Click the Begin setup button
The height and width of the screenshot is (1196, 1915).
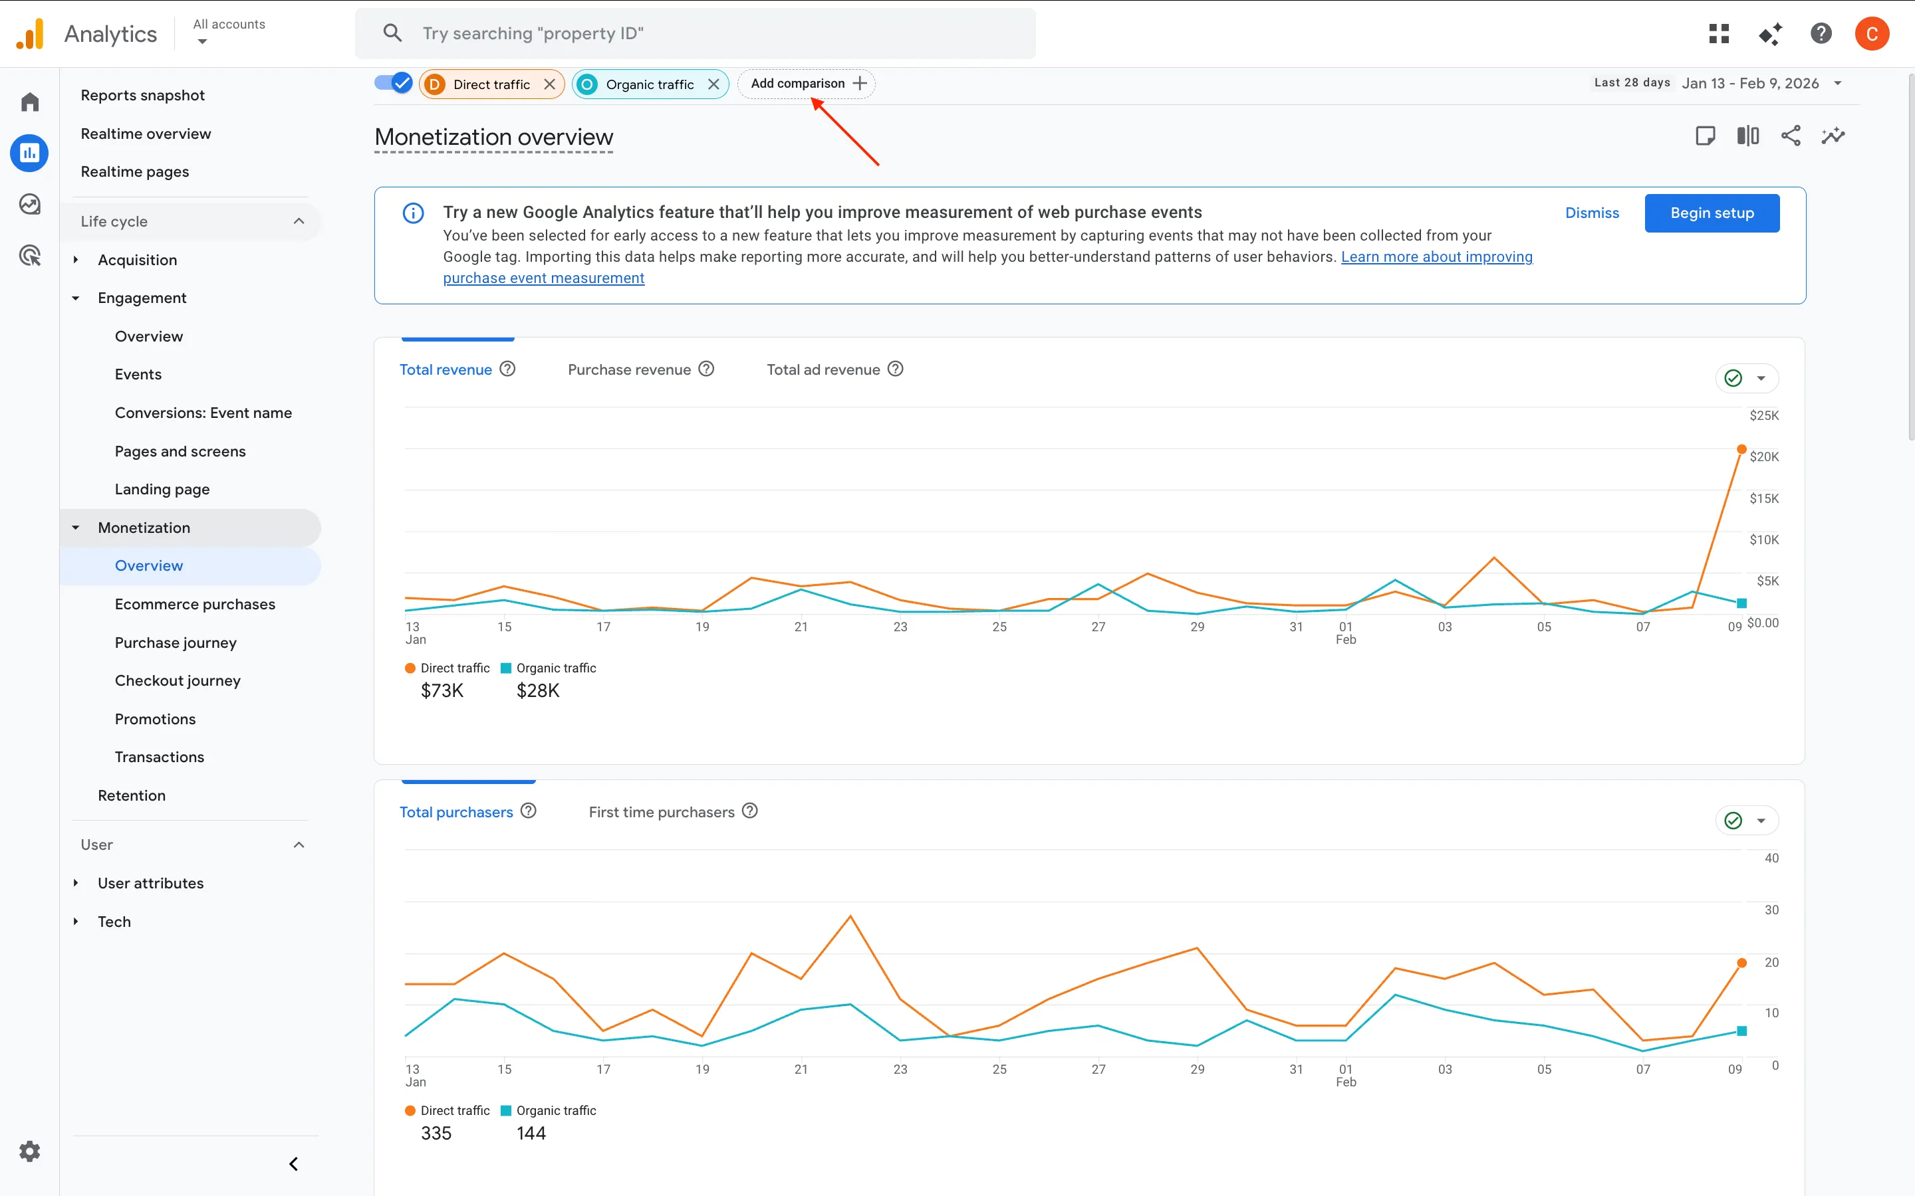click(1712, 213)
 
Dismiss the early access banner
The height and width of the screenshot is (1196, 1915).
click(1591, 213)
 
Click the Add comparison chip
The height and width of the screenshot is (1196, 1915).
click(807, 83)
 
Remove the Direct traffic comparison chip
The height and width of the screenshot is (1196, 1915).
click(549, 84)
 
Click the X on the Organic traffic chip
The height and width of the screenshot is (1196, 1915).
click(713, 84)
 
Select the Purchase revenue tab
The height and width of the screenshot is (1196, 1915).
click(629, 369)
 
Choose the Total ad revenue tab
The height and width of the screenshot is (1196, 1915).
click(823, 369)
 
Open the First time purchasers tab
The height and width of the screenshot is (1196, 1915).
click(662, 811)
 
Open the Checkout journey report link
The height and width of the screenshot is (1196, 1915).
click(178, 680)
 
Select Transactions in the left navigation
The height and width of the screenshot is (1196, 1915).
click(159, 757)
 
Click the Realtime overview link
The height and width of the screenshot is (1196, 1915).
click(146, 134)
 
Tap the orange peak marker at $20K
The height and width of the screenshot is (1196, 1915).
click(1741, 449)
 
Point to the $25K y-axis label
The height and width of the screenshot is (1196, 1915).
click(1763, 415)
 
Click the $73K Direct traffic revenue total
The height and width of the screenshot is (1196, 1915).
click(442, 690)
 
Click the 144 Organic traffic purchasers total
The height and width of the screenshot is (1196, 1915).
click(531, 1134)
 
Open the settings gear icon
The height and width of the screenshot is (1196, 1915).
click(29, 1151)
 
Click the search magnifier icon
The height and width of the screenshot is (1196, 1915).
click(392, 33)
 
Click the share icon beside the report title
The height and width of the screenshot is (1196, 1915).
click(1790, 136)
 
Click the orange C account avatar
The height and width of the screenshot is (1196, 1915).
click(1872, 33)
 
